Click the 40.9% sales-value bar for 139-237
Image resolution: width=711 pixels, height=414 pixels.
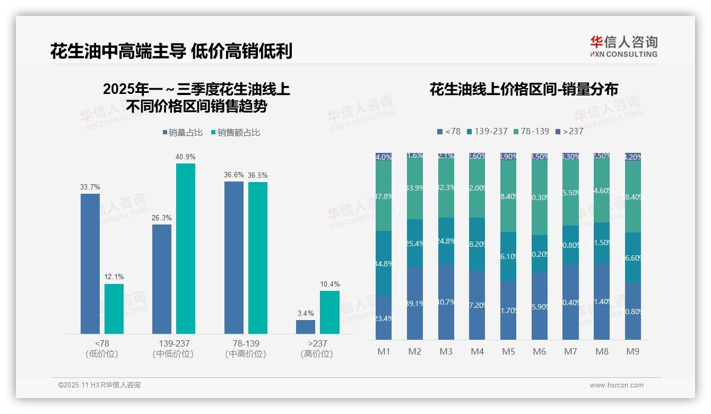[x=185, y=248]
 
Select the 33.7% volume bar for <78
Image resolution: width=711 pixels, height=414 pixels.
[x=90, y=263]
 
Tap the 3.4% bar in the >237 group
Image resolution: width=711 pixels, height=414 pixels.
[x=305, y=326]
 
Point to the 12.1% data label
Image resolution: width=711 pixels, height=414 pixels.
[x=114, y=277]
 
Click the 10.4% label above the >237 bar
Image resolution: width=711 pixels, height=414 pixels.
[x=330, y=284]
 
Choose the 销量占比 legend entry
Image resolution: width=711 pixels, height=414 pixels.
[x=183, y=133]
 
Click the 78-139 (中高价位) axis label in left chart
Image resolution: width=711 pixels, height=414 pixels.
[x=246, y=349]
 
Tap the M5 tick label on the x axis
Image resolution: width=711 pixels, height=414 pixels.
[x=508, y=351]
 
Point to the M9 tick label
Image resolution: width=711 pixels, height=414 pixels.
[x=632, y=351]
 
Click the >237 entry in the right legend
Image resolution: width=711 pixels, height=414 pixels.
[x=569, y=131]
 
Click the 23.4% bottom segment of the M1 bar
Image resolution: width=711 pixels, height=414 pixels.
[x=384, y=317]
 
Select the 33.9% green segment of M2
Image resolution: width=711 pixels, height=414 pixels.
[x=414, y=188]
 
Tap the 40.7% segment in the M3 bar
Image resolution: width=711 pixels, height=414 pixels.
[x=446, y=301]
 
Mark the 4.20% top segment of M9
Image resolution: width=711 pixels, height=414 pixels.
[x=632, y=157]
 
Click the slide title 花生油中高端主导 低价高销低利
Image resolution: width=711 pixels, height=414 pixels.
[x=171, y=51]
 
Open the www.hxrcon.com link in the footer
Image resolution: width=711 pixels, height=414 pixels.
[x=616, y=385]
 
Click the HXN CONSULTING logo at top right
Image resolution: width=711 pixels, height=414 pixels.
[x=623, y=47]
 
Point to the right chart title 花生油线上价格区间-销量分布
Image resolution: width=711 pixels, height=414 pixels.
[x=523, y=89]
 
